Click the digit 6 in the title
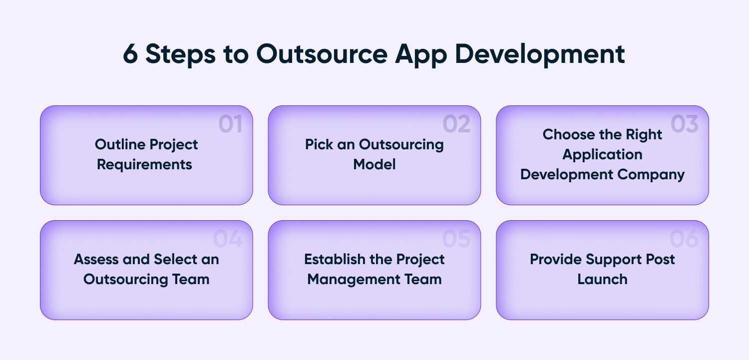[x=130, y=54]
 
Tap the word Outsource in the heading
[x=322, y=54]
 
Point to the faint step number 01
[x=230, y=124]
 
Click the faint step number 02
[x=456, y=124]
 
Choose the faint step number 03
[x=685, y=124]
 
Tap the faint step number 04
[x=228, y=239]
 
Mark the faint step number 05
[x=456, y=239]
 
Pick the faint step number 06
[x=684, y=239]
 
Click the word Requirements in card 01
[x=144, y=165]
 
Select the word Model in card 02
[x=374, y=164]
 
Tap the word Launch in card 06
[x=603, y=280]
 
